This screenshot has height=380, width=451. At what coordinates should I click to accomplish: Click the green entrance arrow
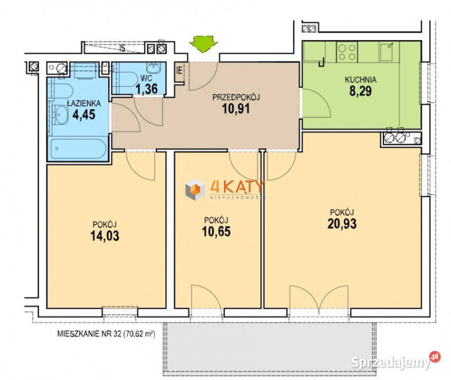point(203,44)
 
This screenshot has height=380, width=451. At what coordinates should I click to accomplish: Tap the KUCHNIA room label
point(360,80)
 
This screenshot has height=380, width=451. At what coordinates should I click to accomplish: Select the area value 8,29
point(360,91)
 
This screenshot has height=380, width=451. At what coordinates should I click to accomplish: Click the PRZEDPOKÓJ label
point(236,97)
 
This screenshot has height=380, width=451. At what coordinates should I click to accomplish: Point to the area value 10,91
point(236,109)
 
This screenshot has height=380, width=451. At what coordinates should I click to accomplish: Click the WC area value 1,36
point(146,89)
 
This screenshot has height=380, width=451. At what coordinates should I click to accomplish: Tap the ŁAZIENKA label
point(83,103)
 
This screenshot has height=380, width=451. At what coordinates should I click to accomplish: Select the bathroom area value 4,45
point(83,115)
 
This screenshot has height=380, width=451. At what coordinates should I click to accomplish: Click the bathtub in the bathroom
point(78,149)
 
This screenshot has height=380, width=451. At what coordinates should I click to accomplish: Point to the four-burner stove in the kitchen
point(346,52)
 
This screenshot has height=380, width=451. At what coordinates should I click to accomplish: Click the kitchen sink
point(386,52)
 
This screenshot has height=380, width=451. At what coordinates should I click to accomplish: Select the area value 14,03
point(105,236)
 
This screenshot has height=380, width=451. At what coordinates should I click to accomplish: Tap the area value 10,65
point(216,232)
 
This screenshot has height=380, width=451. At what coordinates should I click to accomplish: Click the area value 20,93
point(342,224)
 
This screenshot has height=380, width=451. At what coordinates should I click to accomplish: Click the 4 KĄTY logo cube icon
point(195,189)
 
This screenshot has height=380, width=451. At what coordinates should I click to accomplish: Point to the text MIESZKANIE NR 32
point(89,334)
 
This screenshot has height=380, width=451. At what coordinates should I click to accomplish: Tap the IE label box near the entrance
point(180,71)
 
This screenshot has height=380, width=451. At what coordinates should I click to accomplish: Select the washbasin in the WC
point(154,68)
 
